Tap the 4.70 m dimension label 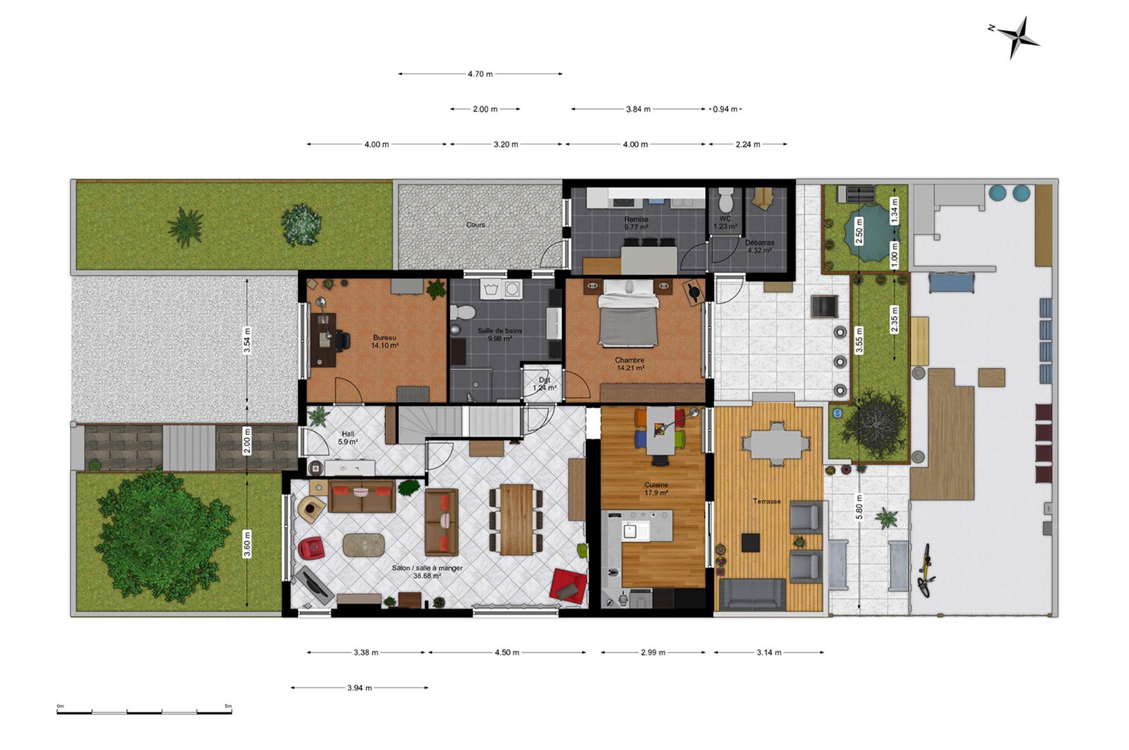(480, 74)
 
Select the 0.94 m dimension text (725, 109)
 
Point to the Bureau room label (384, 337)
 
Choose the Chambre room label (630, 360)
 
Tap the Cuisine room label (656, 484)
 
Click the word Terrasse (766, 501)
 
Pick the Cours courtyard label (475, 224)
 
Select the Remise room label (636, 219)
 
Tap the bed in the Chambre (628, 312)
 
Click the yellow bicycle (926, 569)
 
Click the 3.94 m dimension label (359, 688)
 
